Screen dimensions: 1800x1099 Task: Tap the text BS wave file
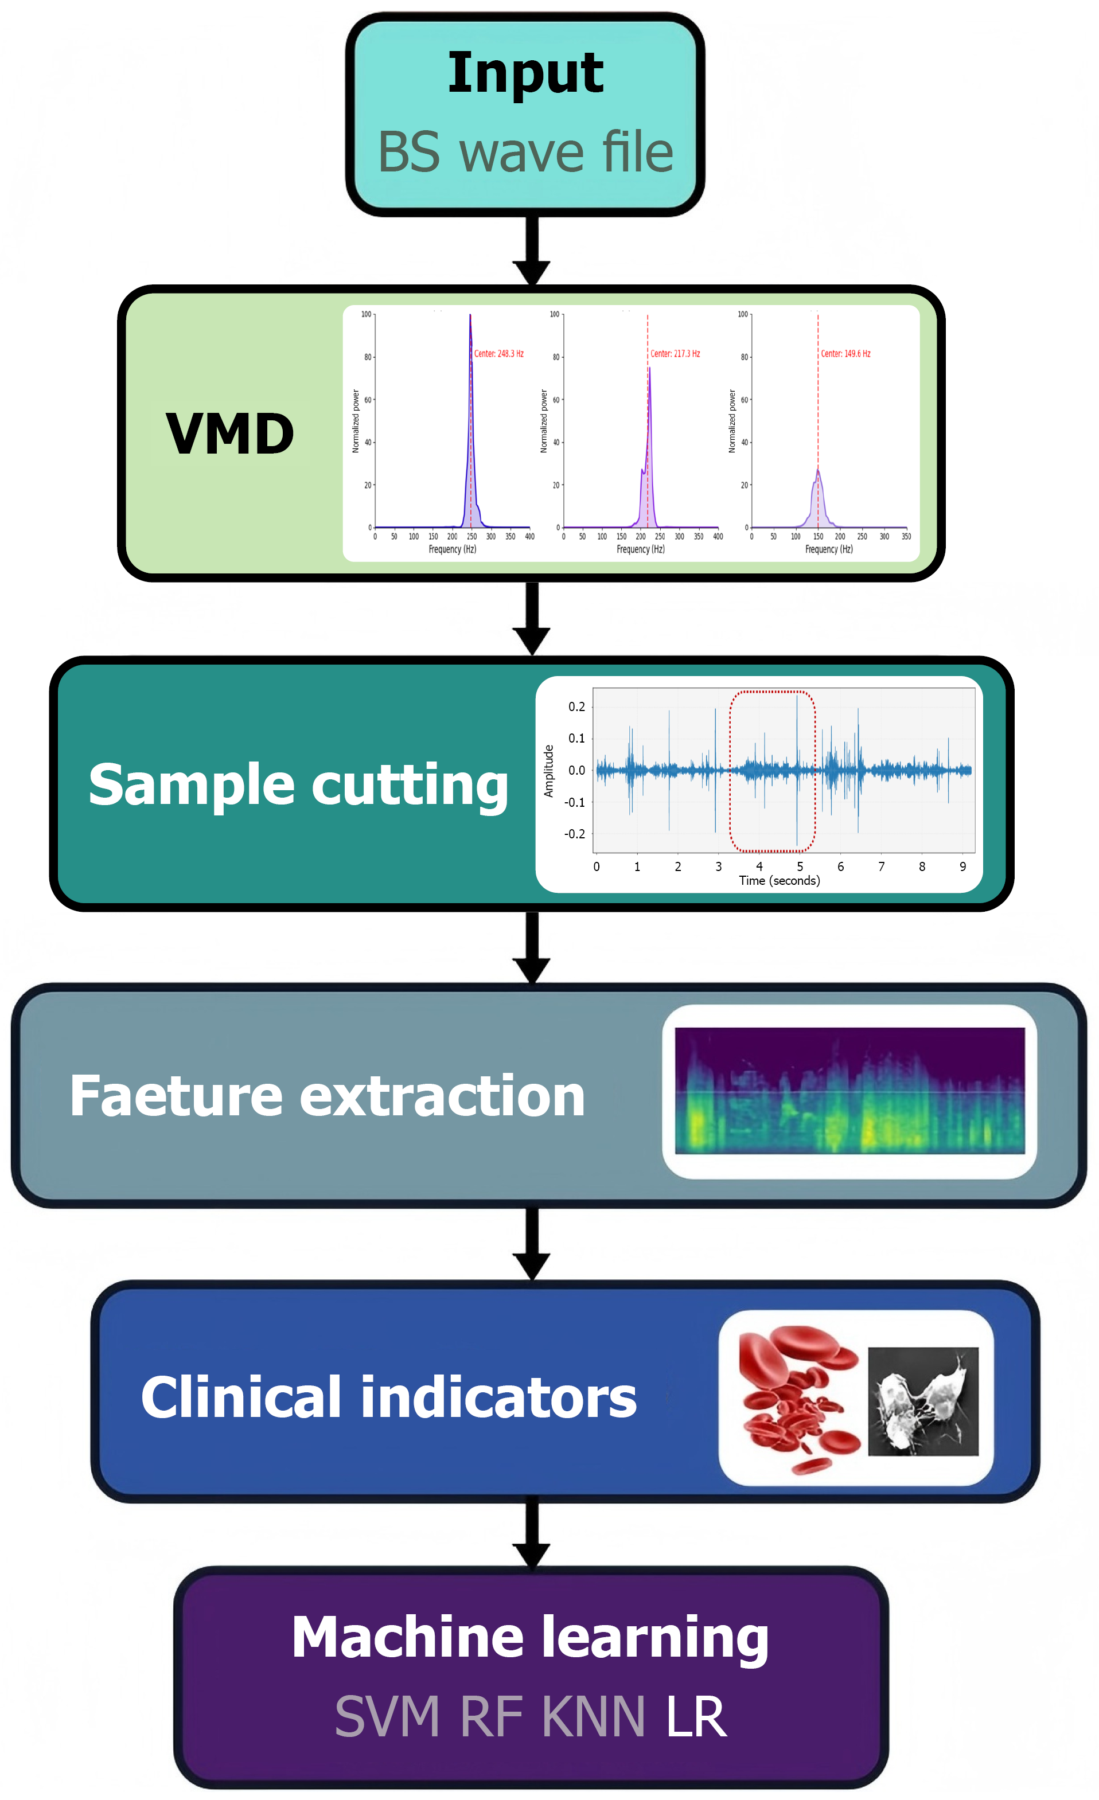tap(525, 154)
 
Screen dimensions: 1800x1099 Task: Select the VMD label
tap(229, 434)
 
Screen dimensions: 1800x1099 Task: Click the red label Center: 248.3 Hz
tap(498, 354)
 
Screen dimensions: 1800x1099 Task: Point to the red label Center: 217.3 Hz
tap(675, 354)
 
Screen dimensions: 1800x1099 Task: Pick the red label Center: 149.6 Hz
tap(845, 354)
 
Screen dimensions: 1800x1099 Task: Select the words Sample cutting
tap(298, 784)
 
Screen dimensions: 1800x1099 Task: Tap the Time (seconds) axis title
tap(779, 880)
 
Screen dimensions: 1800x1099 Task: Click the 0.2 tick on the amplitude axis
tap(576, 706)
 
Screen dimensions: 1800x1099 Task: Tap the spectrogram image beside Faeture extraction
tap(849, 1091)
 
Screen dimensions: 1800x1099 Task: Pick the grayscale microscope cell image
tap(922, 1401)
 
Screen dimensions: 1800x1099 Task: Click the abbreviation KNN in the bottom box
tap(593, 1717)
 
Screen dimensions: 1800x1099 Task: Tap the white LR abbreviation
tap(696, 1717)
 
